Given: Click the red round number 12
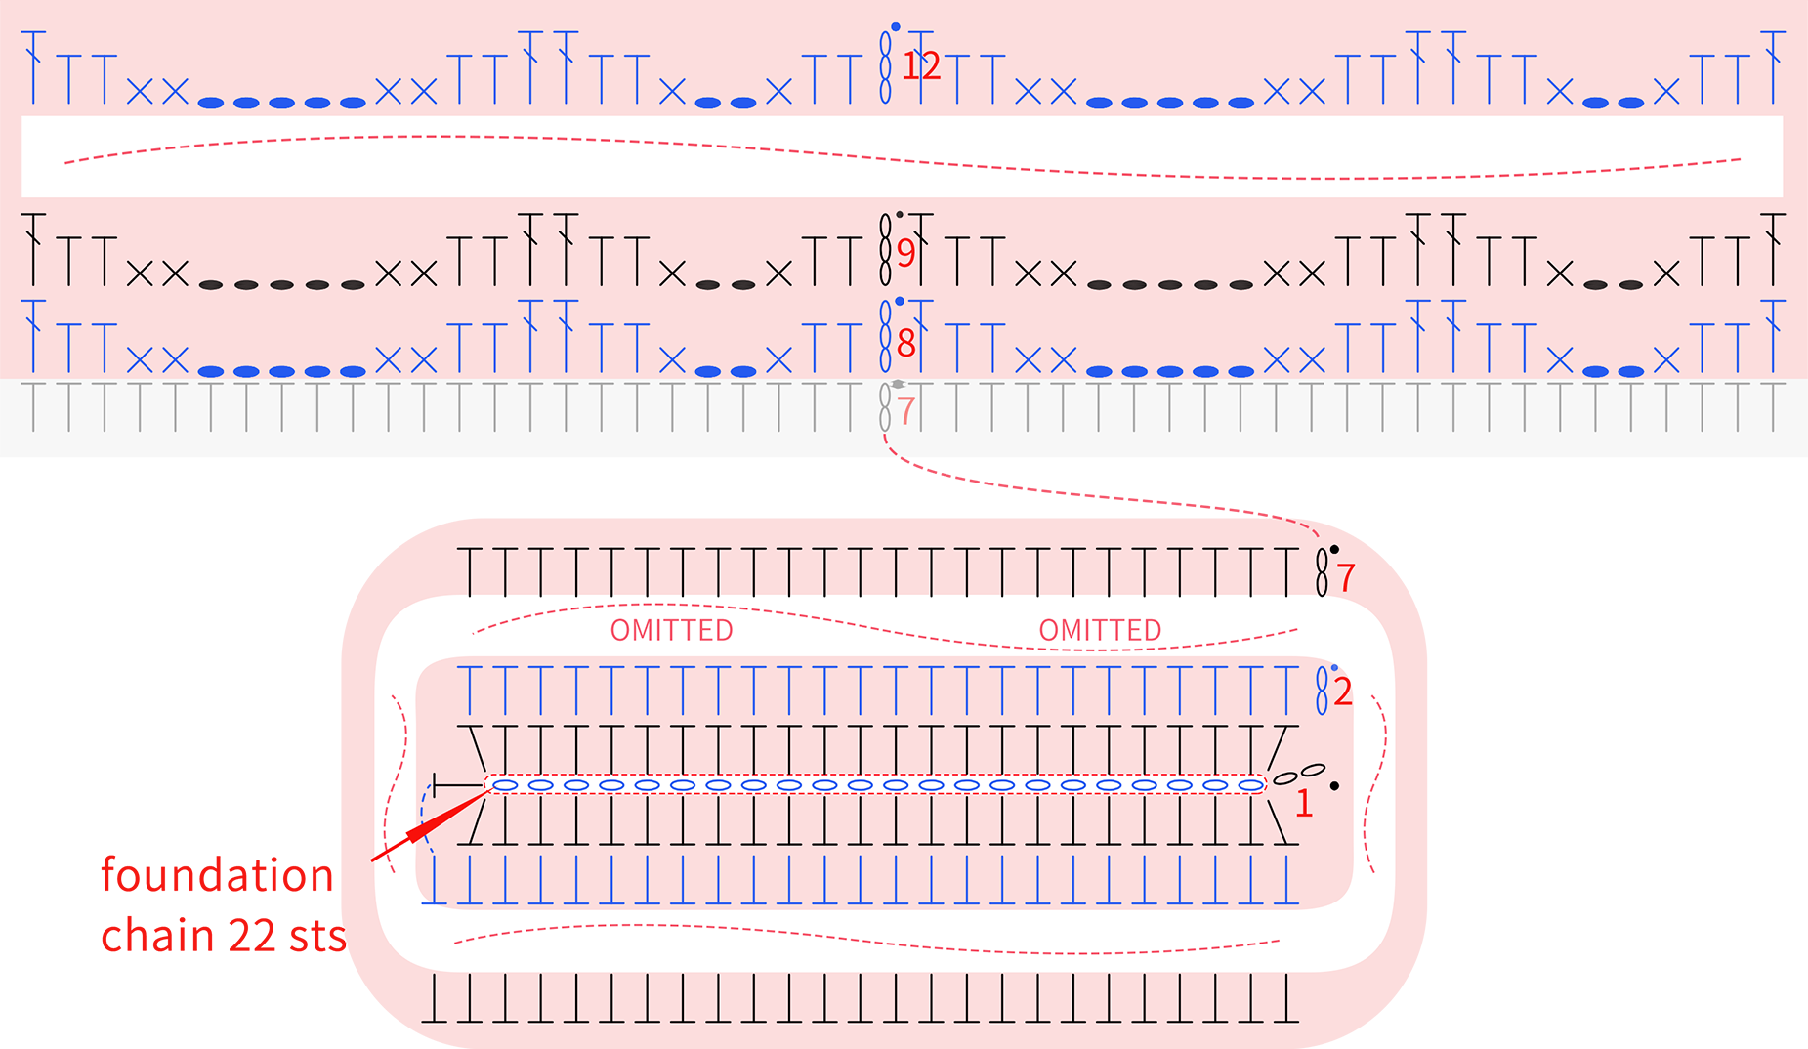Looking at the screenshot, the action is pos(920,65).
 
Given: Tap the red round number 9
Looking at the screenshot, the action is pos(906,253).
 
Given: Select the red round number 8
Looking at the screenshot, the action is pos(906,343).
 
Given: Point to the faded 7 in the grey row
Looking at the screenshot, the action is pos(906,411).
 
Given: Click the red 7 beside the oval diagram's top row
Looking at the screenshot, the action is pos(1347,578).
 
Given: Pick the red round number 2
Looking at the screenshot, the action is pos(1343,692).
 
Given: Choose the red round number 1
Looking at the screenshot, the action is pos(1304,803).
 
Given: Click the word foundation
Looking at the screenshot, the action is pos(218,875).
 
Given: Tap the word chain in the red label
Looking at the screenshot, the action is pos(157,936).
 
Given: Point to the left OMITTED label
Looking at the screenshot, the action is pos(672,631).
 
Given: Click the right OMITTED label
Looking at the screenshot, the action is pos(1100,631).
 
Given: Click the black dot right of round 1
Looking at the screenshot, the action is pos(1334,785).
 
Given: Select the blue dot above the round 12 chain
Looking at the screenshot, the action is pos(895,27).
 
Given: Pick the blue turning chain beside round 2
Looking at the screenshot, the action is pos(1322,691).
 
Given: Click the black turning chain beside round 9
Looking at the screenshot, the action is pos(885,249).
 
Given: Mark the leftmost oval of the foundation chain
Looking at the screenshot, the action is pos(505,785).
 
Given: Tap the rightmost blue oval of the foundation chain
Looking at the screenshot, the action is pos(1250,785).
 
